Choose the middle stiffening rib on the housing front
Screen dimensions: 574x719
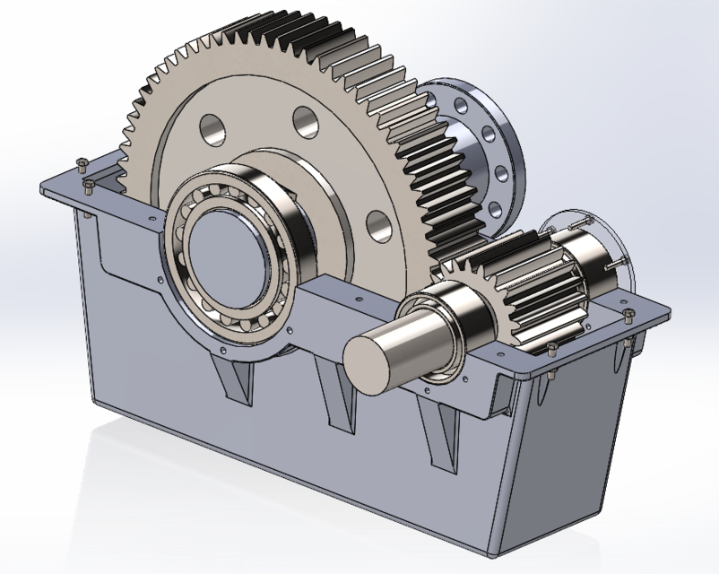click(x=339, y=395)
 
